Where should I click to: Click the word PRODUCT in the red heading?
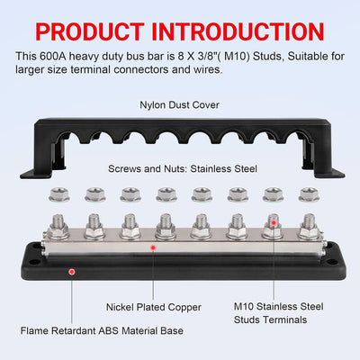(90, 31)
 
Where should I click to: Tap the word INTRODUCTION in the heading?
(238, 31)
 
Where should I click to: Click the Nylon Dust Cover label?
(179, 105)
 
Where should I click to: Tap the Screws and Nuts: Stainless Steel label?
(183, 168)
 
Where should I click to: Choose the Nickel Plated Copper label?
(154, 307)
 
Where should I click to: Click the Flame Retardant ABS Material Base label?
(102, 330)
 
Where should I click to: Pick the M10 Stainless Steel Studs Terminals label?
(279, 313)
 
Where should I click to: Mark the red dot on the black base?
(72, 272)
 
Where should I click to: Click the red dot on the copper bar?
(153, 247)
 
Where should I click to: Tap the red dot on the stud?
(274, 223)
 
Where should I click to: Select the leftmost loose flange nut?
(58, 194)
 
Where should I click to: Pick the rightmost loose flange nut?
(309, 194)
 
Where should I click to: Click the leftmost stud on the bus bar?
(58, 227)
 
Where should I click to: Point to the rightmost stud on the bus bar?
(309, 227)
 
